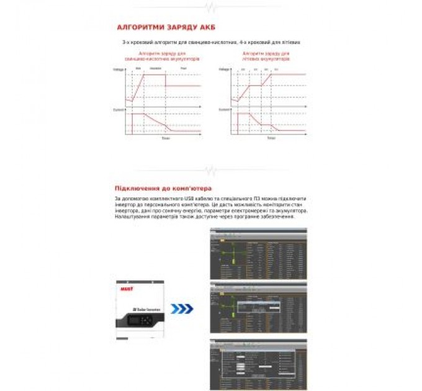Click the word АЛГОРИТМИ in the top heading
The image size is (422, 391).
pos(137,27)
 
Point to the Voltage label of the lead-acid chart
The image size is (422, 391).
pos(119,69)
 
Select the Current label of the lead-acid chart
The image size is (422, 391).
pos(119,109)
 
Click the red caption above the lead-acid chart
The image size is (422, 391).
pos(162,56)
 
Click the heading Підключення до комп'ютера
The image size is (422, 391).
pos(163,188)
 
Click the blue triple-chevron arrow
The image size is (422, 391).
pos(181,308)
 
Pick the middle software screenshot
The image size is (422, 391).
pos(258,308)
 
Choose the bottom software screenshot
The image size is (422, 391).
pos(258,364)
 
